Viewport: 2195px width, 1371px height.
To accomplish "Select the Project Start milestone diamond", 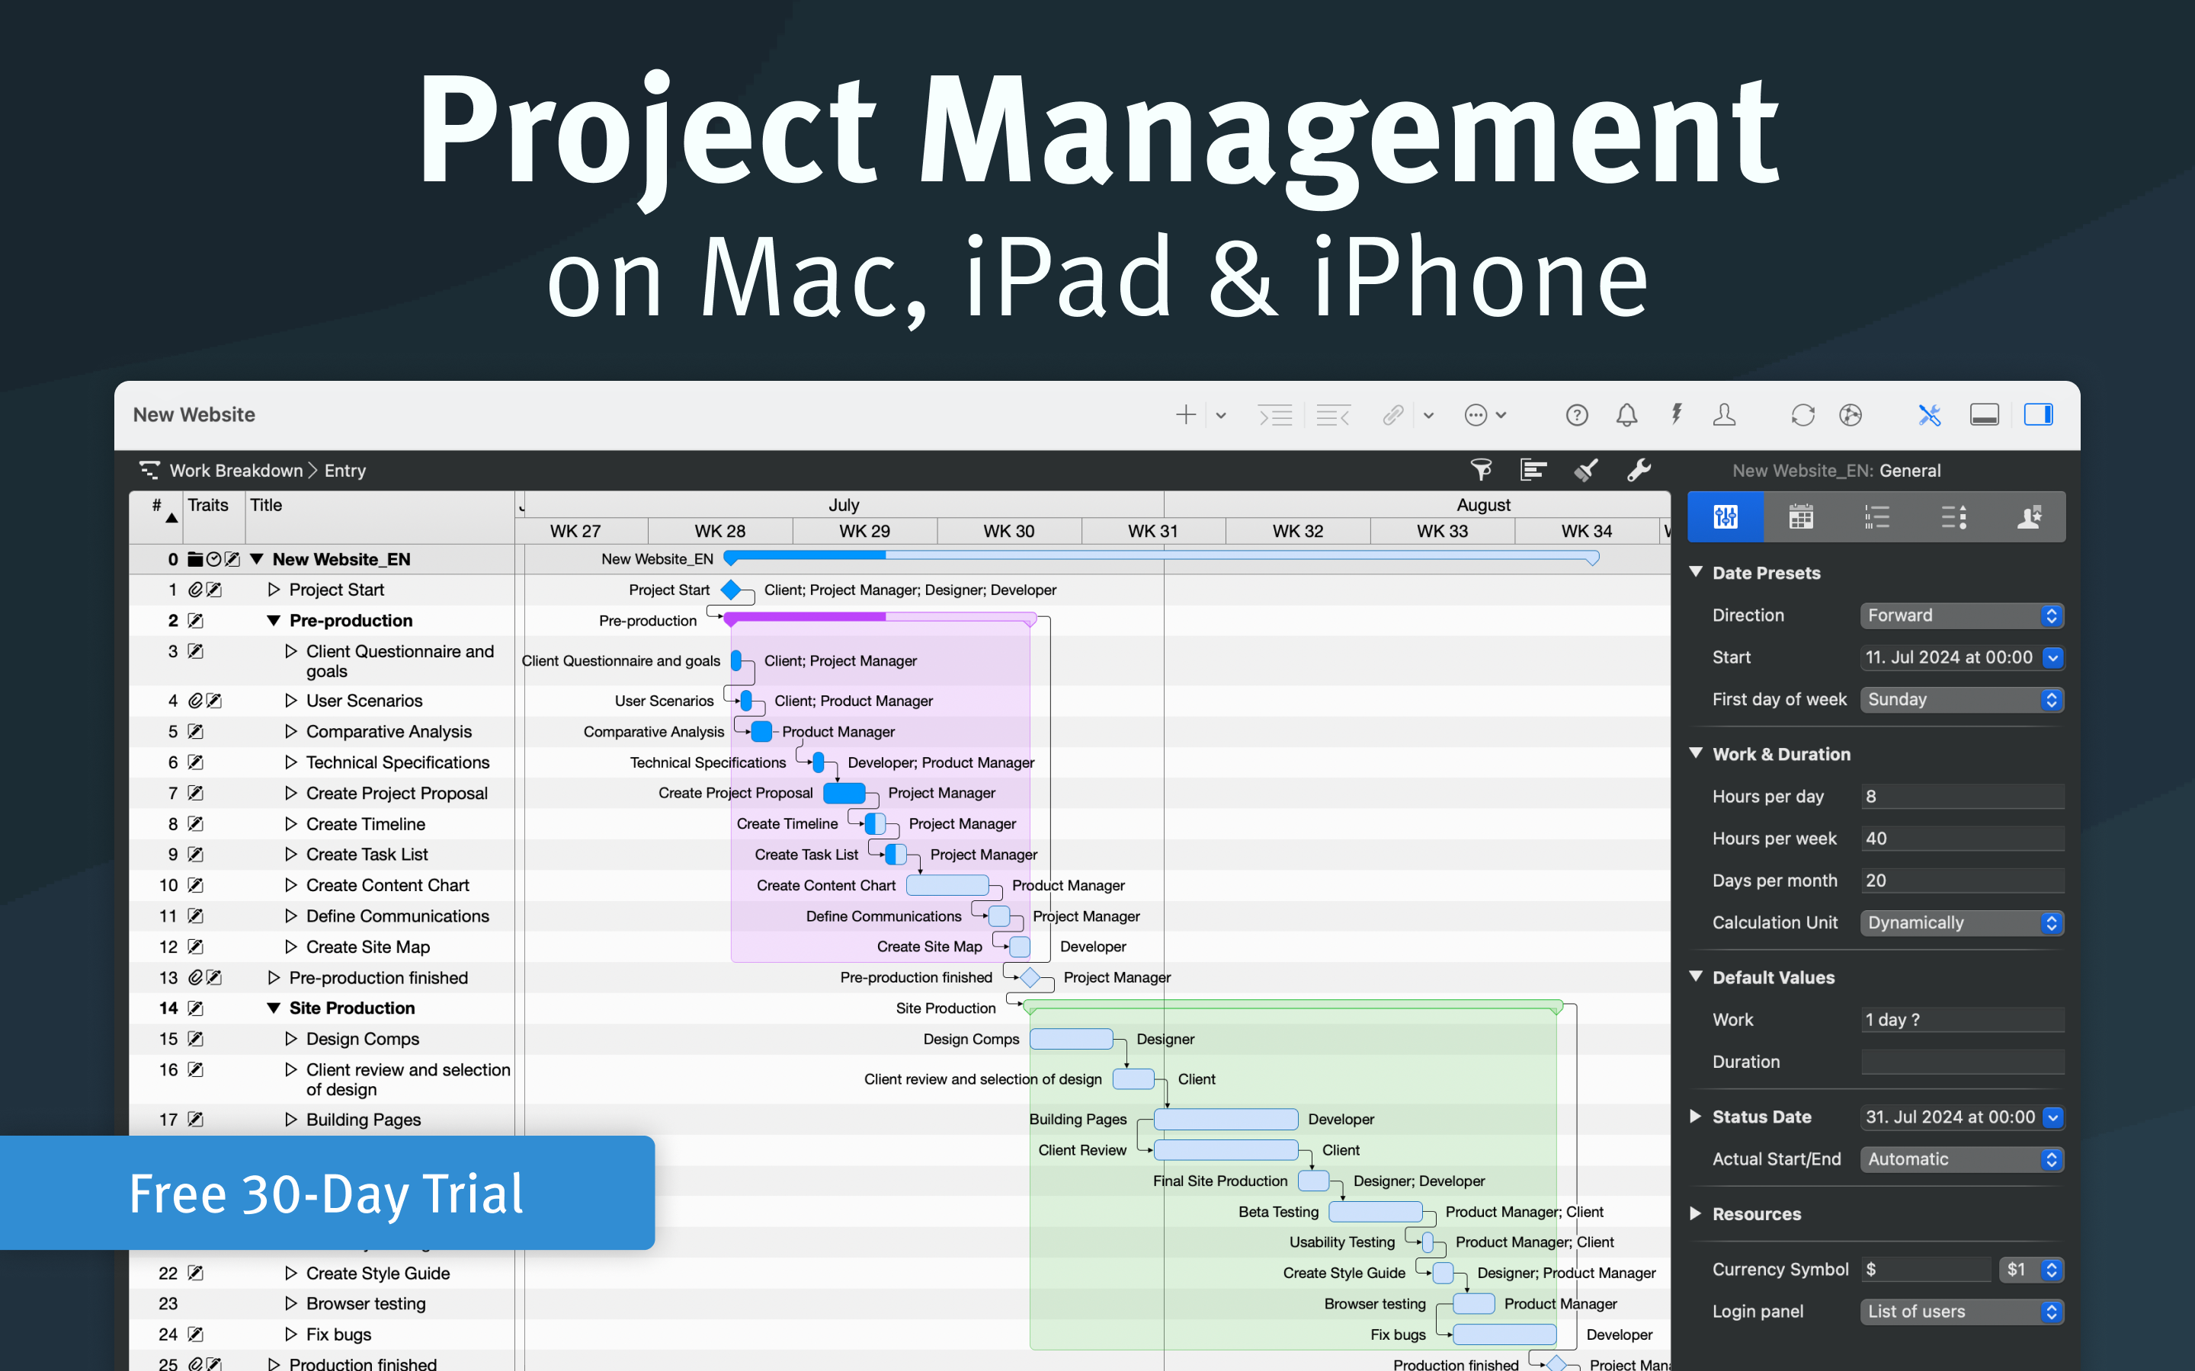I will [731, 590].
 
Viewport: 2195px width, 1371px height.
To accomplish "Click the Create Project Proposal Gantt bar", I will [844, 794].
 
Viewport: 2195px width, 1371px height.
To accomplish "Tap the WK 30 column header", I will [1008, 532].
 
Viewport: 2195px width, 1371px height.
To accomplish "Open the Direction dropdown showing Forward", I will [1961, 615].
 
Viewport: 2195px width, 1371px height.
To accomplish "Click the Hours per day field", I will [1961, 797].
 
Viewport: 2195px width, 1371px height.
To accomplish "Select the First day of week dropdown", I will [1961, 700].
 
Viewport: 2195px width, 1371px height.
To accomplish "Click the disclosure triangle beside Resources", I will [1695, 1214].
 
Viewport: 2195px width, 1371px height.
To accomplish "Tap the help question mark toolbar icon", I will [1576, 415].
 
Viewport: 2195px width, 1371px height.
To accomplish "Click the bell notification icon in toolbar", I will [1626, 415].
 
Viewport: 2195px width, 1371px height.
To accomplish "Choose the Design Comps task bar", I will [1070, 1039].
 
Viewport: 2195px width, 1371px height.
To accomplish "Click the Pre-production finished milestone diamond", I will [1030, 977].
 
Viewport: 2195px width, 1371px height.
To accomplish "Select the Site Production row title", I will [352, 1008].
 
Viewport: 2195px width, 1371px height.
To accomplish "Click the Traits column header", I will [209, 506].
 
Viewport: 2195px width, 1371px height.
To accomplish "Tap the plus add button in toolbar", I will [1185, 415].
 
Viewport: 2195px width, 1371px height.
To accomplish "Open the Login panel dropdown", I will [1961, 1312].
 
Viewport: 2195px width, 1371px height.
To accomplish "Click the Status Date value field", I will [1950, 1117].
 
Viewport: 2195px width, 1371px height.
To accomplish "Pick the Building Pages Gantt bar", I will [1225, 1120].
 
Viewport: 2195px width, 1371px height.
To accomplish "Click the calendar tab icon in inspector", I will [1800, 518].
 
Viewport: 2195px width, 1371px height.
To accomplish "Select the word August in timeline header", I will [1483, 505].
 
